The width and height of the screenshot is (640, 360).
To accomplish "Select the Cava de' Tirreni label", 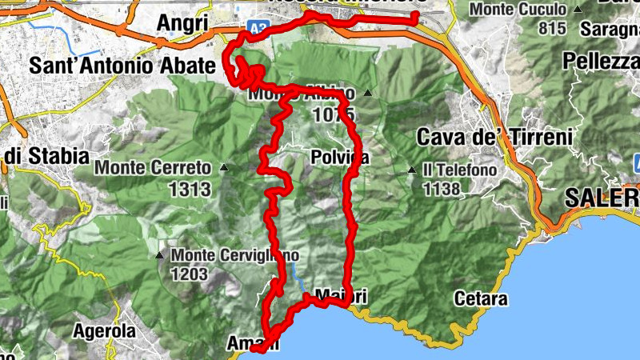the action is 494,137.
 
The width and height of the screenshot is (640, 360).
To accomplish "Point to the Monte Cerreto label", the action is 153,168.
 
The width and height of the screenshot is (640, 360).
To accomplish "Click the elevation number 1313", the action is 190,190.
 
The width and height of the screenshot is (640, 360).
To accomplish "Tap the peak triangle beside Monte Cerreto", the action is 225,168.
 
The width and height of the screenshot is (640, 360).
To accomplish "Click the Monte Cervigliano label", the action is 234,255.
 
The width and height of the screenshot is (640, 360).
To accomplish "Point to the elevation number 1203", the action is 189,274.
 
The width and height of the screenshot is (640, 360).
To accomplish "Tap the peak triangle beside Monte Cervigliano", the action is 160,256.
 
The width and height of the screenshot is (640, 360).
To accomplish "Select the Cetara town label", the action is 480,299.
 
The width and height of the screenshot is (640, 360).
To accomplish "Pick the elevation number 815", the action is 552,29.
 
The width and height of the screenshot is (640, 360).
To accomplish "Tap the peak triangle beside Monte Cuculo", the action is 578,10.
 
